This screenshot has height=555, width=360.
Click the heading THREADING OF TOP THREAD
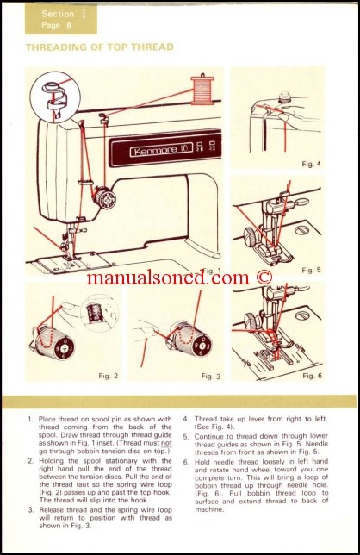pyautogui.click(x=99, y=47)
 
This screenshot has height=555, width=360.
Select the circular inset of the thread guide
pyautogui.click(x=53, y=97)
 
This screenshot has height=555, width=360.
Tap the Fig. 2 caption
pyautogui.click(x=108, y=376)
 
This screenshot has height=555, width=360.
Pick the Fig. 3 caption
pyautogui.click(x=211, y=376)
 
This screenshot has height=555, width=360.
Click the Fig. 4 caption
pyautogui.click(x=312, y=163)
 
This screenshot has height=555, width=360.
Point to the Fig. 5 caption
pyautogui.click(x=312, y=270)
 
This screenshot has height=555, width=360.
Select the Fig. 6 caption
pyautogui.click(x=312, y=376)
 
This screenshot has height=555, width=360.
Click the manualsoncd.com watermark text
pyautogui.click(x=179, y=277)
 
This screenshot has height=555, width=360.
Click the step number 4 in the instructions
pyautogui.click(x=185, y=419)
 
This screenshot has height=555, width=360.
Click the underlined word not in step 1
pyautogui.click(x=157, y=444)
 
